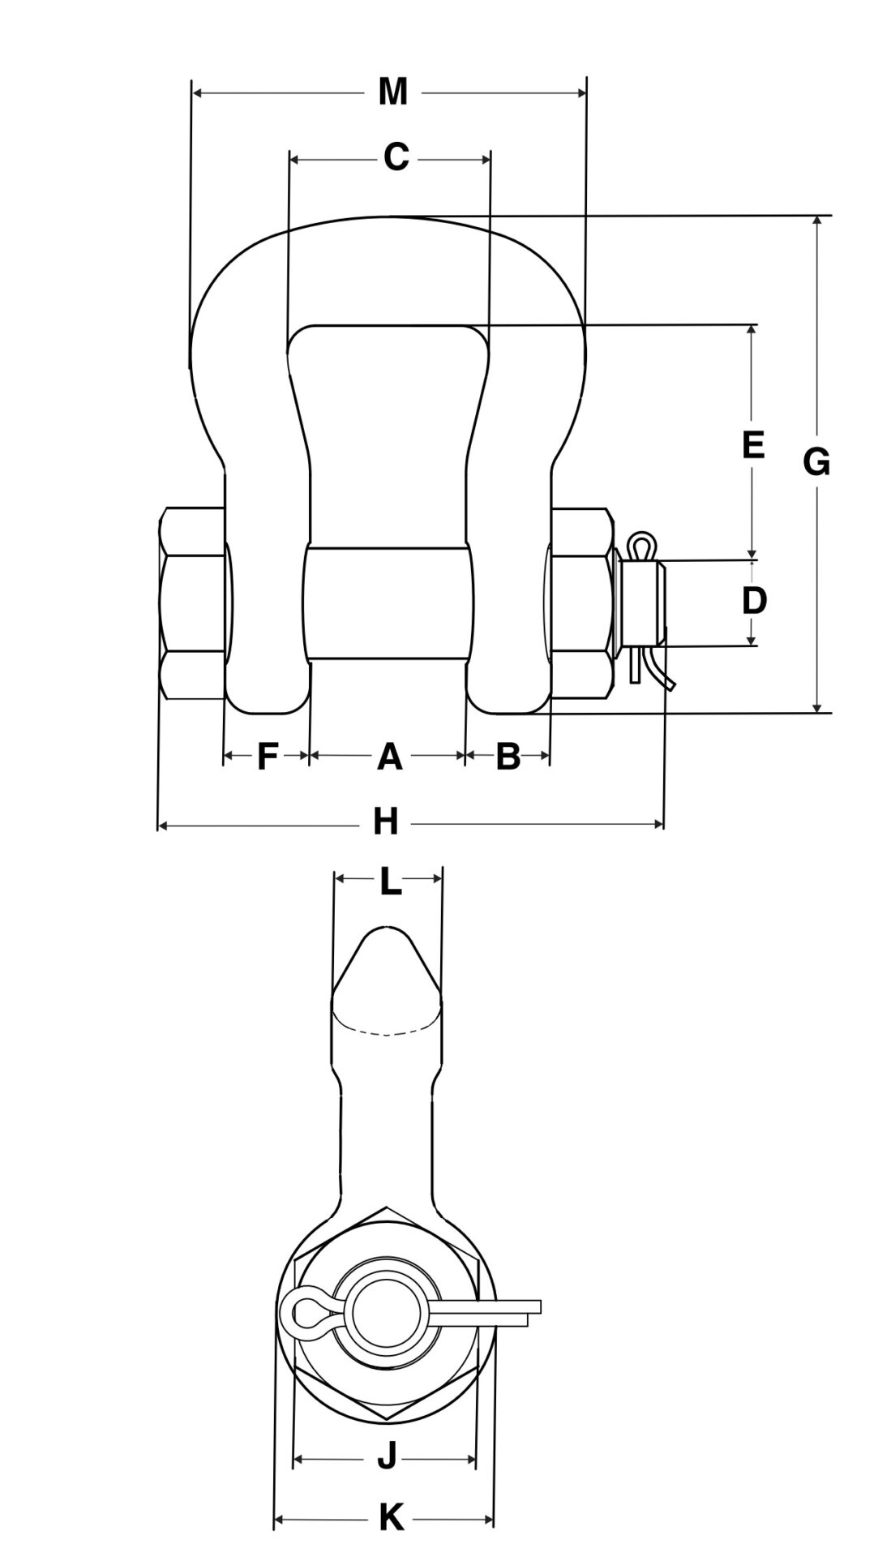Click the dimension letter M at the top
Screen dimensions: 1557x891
pos(392,92)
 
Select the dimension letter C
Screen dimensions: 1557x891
pos(395,157)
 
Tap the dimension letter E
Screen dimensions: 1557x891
pos(753,445)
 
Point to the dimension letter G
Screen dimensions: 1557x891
pos(816,463)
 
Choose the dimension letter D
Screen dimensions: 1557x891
pos(754,602)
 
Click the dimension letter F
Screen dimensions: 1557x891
pos(267,757)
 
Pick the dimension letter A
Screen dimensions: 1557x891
pos(390,757)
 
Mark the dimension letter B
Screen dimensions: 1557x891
pos(508,757)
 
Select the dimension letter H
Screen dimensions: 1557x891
pos(386,824)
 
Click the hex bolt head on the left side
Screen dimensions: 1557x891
pos(191,603)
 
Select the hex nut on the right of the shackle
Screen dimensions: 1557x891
pos(580,603)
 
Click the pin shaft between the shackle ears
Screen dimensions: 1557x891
pos(388,603)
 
